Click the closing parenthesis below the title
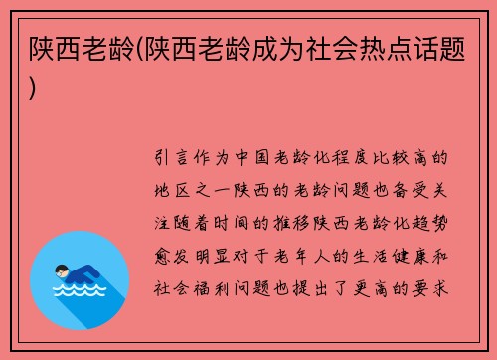pyautogui.click(x=34, y=88)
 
